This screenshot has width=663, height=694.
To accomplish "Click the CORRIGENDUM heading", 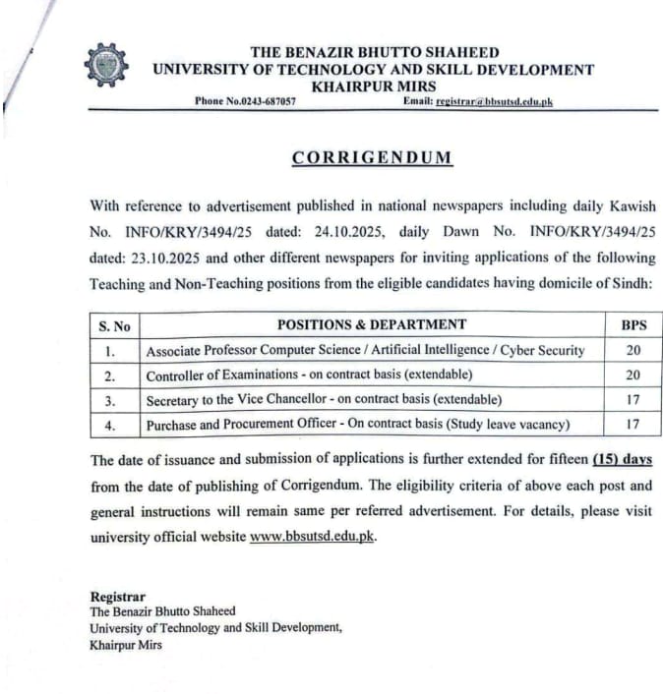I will tap(372, 157).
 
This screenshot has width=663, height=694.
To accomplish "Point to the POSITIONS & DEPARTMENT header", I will tap(372, 324).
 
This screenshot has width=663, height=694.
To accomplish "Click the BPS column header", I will tap(633, 324).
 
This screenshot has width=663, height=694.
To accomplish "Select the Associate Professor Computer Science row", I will tap(365, 350).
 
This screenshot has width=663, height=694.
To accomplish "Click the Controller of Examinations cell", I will tap(309, 376).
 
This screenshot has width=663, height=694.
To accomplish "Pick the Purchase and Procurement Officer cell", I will tap(358, 425).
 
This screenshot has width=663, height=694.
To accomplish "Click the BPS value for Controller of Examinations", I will tap(633, 376).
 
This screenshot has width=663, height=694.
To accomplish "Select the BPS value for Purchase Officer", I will tap(633, 425).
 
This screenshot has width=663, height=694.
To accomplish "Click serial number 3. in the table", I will tap(110, 400).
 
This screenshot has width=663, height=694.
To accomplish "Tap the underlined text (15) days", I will tap(623, 460).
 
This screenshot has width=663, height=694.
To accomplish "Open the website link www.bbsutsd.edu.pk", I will tap(312, 537).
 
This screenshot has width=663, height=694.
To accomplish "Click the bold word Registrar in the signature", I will tap(117, 597).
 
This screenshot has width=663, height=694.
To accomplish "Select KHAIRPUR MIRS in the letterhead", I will tap(373, 87).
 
